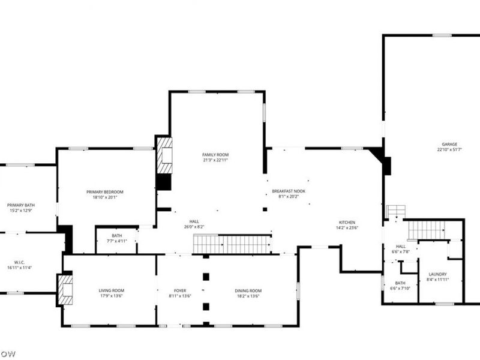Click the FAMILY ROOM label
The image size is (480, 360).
(x=215, y=155)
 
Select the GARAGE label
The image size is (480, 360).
(x=449, y=144)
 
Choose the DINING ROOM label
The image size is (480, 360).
(x=248, y=290)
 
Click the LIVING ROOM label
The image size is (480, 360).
(x=111, y=290)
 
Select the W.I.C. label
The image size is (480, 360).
(x=19, y=262)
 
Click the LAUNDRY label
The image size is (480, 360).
(x=437, y=274)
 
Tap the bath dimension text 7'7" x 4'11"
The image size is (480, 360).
(x=117, y=241)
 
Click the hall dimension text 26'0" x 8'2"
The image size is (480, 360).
(x=194, y=227)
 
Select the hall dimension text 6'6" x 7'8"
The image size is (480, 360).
(x=400, y=251)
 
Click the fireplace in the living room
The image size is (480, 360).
(x=65, y=289)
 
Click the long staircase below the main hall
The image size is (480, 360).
(x=231, y=244)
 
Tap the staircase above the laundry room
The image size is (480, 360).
(x=427, y=229)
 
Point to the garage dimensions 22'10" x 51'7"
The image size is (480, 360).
(x=449, y=150)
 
